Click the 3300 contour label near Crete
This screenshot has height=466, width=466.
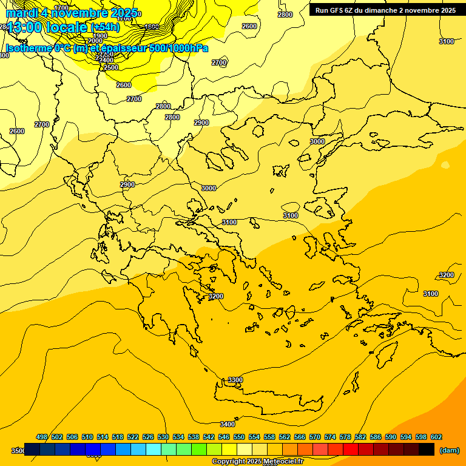[235, 380]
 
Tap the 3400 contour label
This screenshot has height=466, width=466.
[228, 424]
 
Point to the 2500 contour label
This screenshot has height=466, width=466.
[111, 67]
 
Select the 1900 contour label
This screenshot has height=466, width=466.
[100, 36]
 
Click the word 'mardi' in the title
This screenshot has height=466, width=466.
[22, 13]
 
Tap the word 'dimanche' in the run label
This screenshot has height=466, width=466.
[381, 10]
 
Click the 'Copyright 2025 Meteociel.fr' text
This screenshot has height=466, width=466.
[257, 462]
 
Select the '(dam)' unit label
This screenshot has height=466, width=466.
[449, 450]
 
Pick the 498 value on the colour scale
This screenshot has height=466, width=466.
[42, 437]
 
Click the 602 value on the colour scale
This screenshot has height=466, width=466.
[436, 437]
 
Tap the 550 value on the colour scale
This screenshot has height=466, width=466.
[239, 437]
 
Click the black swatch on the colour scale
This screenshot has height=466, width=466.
[427, 450]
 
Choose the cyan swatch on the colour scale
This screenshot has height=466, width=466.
[154, 450]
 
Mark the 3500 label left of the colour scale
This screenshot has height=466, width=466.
[18, 451]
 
